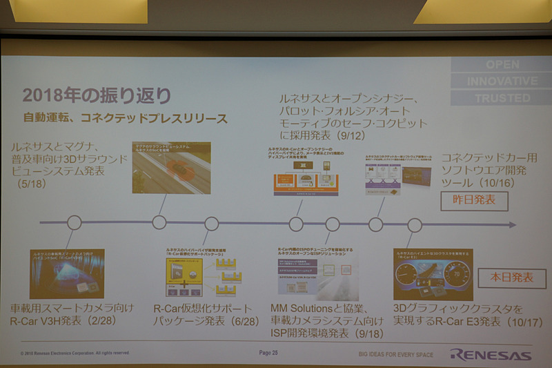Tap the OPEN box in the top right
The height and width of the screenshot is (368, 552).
[502, 65]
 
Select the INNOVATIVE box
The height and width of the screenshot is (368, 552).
[502, 81]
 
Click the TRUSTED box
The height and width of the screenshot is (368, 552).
[502, 98]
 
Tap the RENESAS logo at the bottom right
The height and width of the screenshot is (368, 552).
[491, 355]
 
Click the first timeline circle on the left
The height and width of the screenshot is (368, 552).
[74, 223]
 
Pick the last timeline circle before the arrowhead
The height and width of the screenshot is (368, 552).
[415, 225]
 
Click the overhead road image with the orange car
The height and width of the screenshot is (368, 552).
[171, 168]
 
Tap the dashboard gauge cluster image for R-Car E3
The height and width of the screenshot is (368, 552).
[433, 274]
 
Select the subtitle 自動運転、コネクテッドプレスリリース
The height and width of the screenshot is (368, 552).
[124, 119]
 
